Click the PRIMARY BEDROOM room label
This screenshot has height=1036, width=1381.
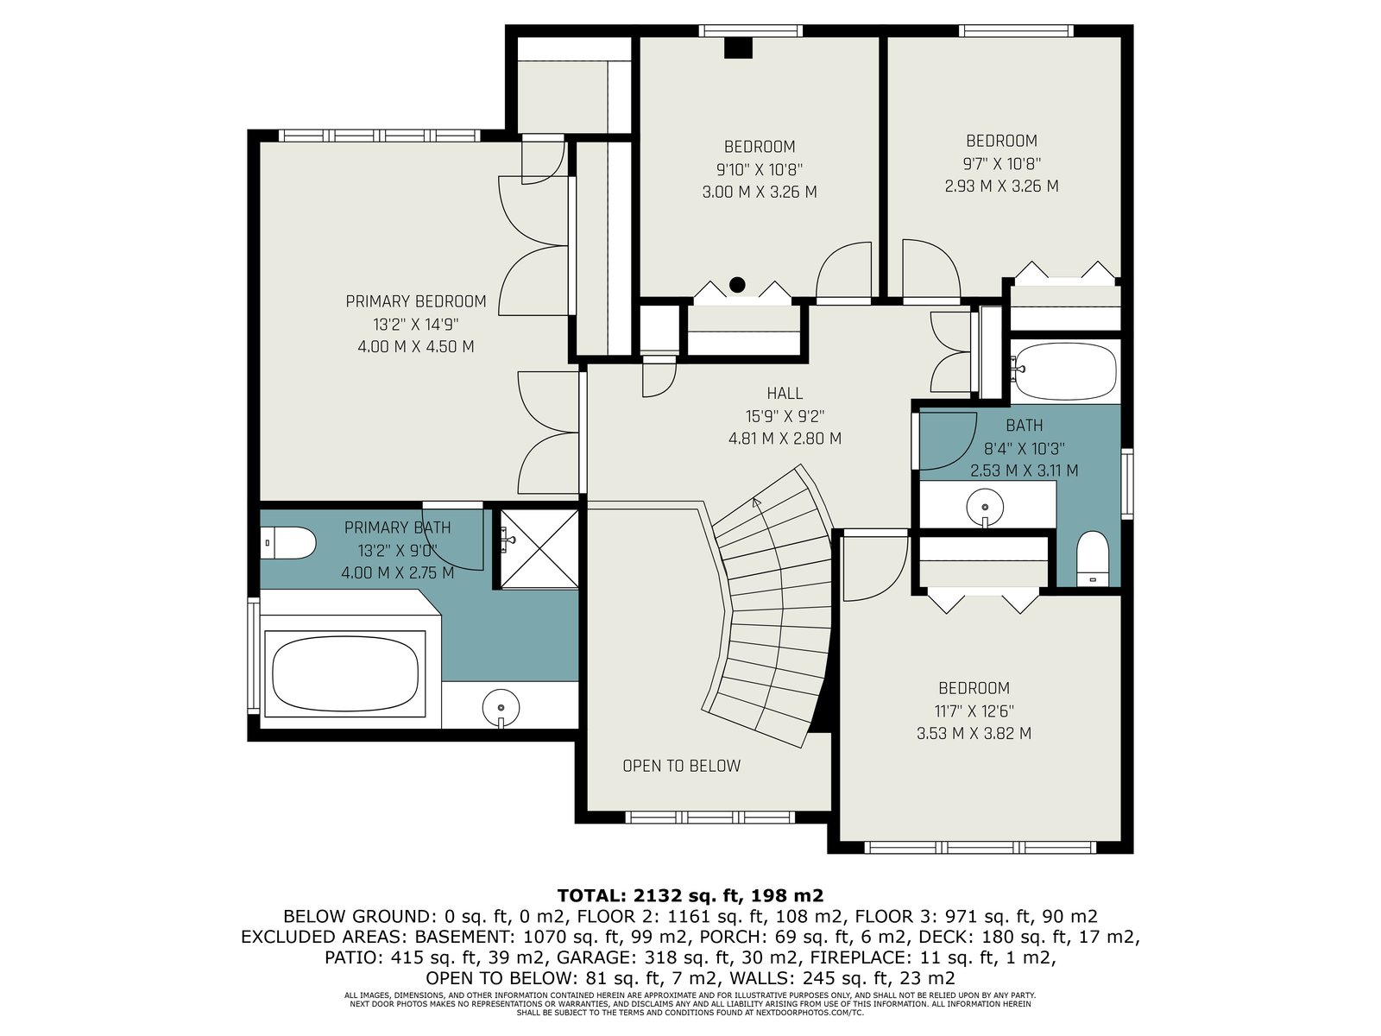coord(416,302)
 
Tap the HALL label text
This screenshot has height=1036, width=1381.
coord(785,394)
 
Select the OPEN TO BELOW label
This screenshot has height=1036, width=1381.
coord(681,766)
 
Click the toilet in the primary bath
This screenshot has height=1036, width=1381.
coord(287,543)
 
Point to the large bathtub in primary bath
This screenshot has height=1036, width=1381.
coord(345,673)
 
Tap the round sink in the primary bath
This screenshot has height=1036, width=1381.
coord(501,708)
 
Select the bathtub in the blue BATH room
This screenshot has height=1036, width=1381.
coord(1065,372)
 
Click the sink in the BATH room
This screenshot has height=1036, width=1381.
coord(985,508)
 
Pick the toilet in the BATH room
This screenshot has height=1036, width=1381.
coord(1093,559)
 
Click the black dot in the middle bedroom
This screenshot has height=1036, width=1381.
coord(737,285)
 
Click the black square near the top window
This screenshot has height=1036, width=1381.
coord(738,48)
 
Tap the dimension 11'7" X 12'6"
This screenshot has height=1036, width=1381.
coord(974,711)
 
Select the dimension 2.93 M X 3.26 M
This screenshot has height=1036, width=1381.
coord(1001,186)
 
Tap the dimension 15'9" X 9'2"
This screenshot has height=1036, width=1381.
coord(785,416)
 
